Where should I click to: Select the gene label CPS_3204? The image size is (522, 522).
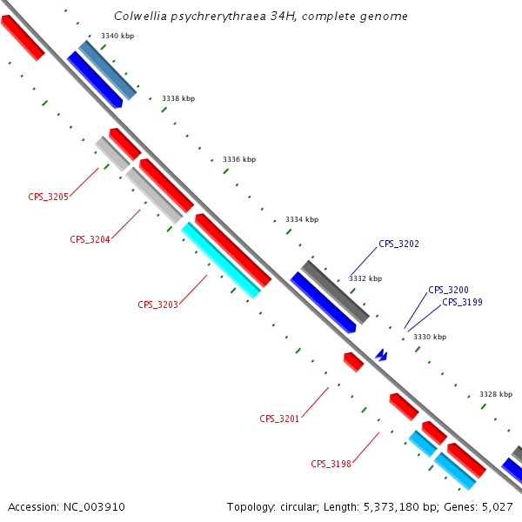click(x=90, y=239)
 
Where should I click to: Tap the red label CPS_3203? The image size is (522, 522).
click(x=157, y=305)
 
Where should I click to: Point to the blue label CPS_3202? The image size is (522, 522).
click(x=398, y=244)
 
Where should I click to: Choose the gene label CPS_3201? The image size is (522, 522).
click(x=279, y=419)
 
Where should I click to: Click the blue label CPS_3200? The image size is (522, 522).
click(x=448, y=290)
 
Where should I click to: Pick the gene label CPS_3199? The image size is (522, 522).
click(x=462, y=303)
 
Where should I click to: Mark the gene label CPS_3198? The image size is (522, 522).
click(x=331, y=465)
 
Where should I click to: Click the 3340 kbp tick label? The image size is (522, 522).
click(x=117, y=36)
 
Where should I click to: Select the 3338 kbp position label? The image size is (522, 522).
click(x=178, y=98)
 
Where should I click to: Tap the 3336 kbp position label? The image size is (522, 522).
click(x=239, y=159)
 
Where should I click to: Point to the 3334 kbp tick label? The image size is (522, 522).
click(x=302, y=219)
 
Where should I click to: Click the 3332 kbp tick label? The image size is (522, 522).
click(x=365, y=279)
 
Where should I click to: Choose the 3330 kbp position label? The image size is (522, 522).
click(x=430, y=337)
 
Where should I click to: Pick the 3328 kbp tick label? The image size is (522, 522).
click(x=496, y=394)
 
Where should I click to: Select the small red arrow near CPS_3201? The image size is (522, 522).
click(x=353, y=362)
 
